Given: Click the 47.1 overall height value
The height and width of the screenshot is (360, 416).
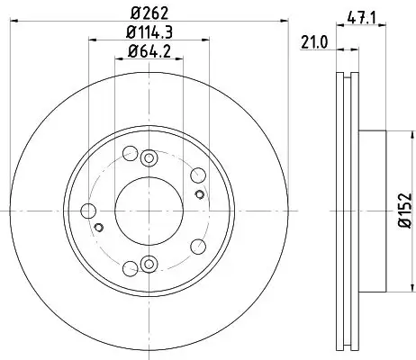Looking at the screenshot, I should click(x=361, y=15).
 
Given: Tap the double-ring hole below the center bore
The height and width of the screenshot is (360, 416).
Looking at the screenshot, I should click(x=149, y=265).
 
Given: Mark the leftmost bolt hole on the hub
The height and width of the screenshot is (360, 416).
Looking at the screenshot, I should click(x=87, y=211).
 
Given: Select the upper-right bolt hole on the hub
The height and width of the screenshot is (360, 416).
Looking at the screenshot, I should click(x=198, y=174).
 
